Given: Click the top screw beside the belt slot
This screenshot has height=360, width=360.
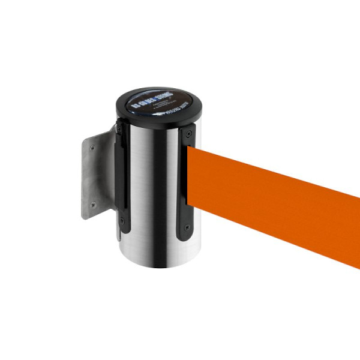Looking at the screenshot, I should coord(189,134).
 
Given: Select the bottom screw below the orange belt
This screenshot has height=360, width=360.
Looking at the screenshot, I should coord(187,228).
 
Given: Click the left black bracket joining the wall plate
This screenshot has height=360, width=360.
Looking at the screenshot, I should coord(121,180).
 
